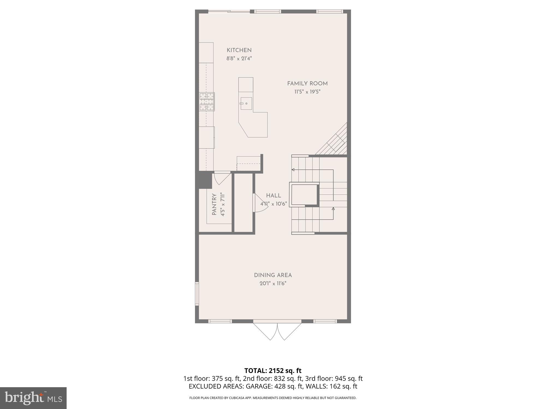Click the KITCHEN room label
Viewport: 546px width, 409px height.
pos(239,50)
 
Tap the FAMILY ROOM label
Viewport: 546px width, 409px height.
pos(307,84)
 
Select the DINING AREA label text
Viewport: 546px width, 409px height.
pos(273,275)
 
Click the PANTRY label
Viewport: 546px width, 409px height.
pos(214,204)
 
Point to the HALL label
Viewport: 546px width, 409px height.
pos(274,196)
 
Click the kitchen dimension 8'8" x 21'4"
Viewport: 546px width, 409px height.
pos(239,58)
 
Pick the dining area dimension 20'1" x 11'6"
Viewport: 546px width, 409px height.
pos(273,284)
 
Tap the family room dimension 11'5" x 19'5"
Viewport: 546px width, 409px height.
pos(307,92)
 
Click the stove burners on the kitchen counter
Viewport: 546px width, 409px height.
pos(207,102)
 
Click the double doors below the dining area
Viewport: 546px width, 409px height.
pos(277,331)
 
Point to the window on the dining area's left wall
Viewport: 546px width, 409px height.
pos(197,294)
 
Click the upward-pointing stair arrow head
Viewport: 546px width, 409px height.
pos(333,209)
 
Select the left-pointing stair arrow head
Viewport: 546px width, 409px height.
pos(293,170)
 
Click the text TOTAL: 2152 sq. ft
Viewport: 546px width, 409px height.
pos(273,371)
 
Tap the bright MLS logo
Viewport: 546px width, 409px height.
pos(33,398)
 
